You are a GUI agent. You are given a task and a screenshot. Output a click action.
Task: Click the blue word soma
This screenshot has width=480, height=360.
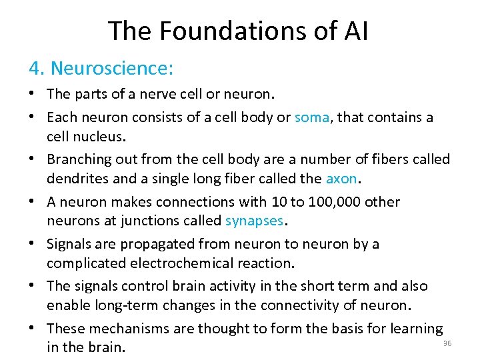click(312, 118)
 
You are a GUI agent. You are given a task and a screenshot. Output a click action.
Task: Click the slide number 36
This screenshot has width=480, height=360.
click(447, 343)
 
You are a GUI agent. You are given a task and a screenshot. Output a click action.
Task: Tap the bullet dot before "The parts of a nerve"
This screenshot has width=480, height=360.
click(33, 93)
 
